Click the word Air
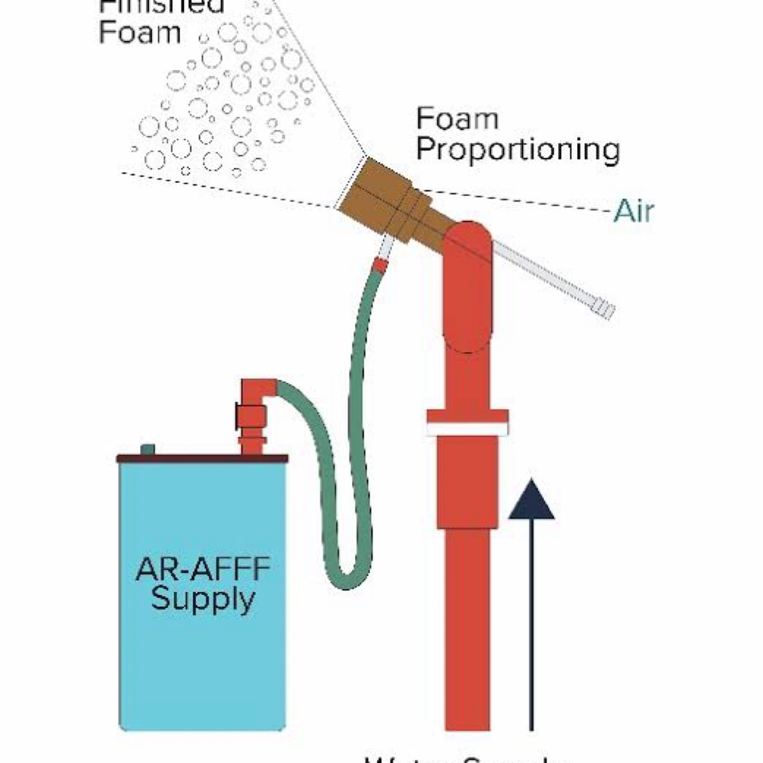click(x=633, y=212)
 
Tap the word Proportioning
click(x=518, y=150)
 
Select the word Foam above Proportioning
click(x=457, y=119)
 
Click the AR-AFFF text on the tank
click(x=202, y=570)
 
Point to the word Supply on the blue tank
click(x=202, y=599)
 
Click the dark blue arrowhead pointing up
click(x=531, y=501)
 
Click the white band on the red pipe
click(x=467, y=429)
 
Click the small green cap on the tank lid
click(x=148, y=450)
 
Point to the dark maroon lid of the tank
click(x=202, y=458)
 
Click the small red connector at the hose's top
click(x=380, y=265)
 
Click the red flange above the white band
click(x=467, y=416)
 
